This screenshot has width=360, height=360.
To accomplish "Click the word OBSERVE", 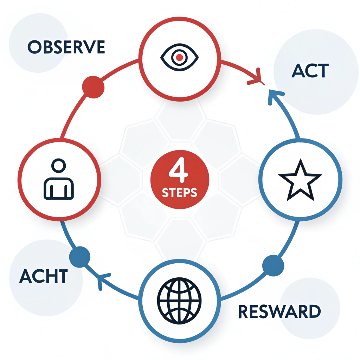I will pos(66,47).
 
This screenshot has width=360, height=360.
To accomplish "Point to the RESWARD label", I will pos(279,311).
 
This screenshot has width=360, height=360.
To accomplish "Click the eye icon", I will pos(180,57).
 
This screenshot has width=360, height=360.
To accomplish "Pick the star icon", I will pos(300,180).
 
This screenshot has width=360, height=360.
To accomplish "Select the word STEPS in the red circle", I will pos(179,193).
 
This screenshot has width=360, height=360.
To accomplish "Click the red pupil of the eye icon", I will pos(180,57).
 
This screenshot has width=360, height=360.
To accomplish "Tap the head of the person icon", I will pos(58,166).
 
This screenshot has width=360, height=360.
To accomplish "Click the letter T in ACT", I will pos(321,71).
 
